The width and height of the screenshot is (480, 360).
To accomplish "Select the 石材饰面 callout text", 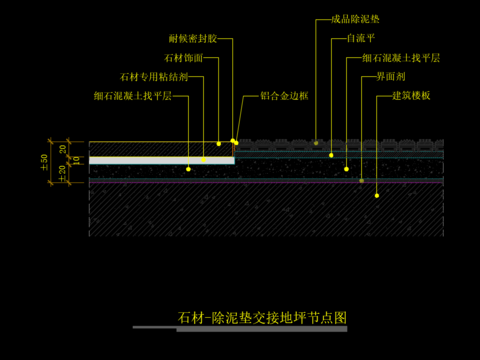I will (183, 58).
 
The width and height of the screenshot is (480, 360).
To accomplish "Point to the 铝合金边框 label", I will (284, 96).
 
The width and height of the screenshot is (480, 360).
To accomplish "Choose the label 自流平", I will (360, 38).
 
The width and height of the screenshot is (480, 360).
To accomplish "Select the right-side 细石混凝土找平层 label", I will (401, 58).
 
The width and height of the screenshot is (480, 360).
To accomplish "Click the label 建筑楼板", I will (411, 96).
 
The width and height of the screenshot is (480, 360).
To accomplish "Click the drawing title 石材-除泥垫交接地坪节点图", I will (262, 318).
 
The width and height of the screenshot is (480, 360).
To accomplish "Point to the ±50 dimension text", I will (44, 160).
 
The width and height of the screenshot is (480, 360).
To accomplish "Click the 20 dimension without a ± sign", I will (62, 149).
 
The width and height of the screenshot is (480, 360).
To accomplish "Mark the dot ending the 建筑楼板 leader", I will (377, 196).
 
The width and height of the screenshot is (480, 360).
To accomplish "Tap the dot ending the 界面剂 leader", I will (362, 181).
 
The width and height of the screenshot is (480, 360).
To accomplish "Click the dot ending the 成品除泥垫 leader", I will (316, 143).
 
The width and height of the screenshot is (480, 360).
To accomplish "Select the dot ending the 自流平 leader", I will (332, 155).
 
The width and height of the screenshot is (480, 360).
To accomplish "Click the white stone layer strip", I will (160, 160).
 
